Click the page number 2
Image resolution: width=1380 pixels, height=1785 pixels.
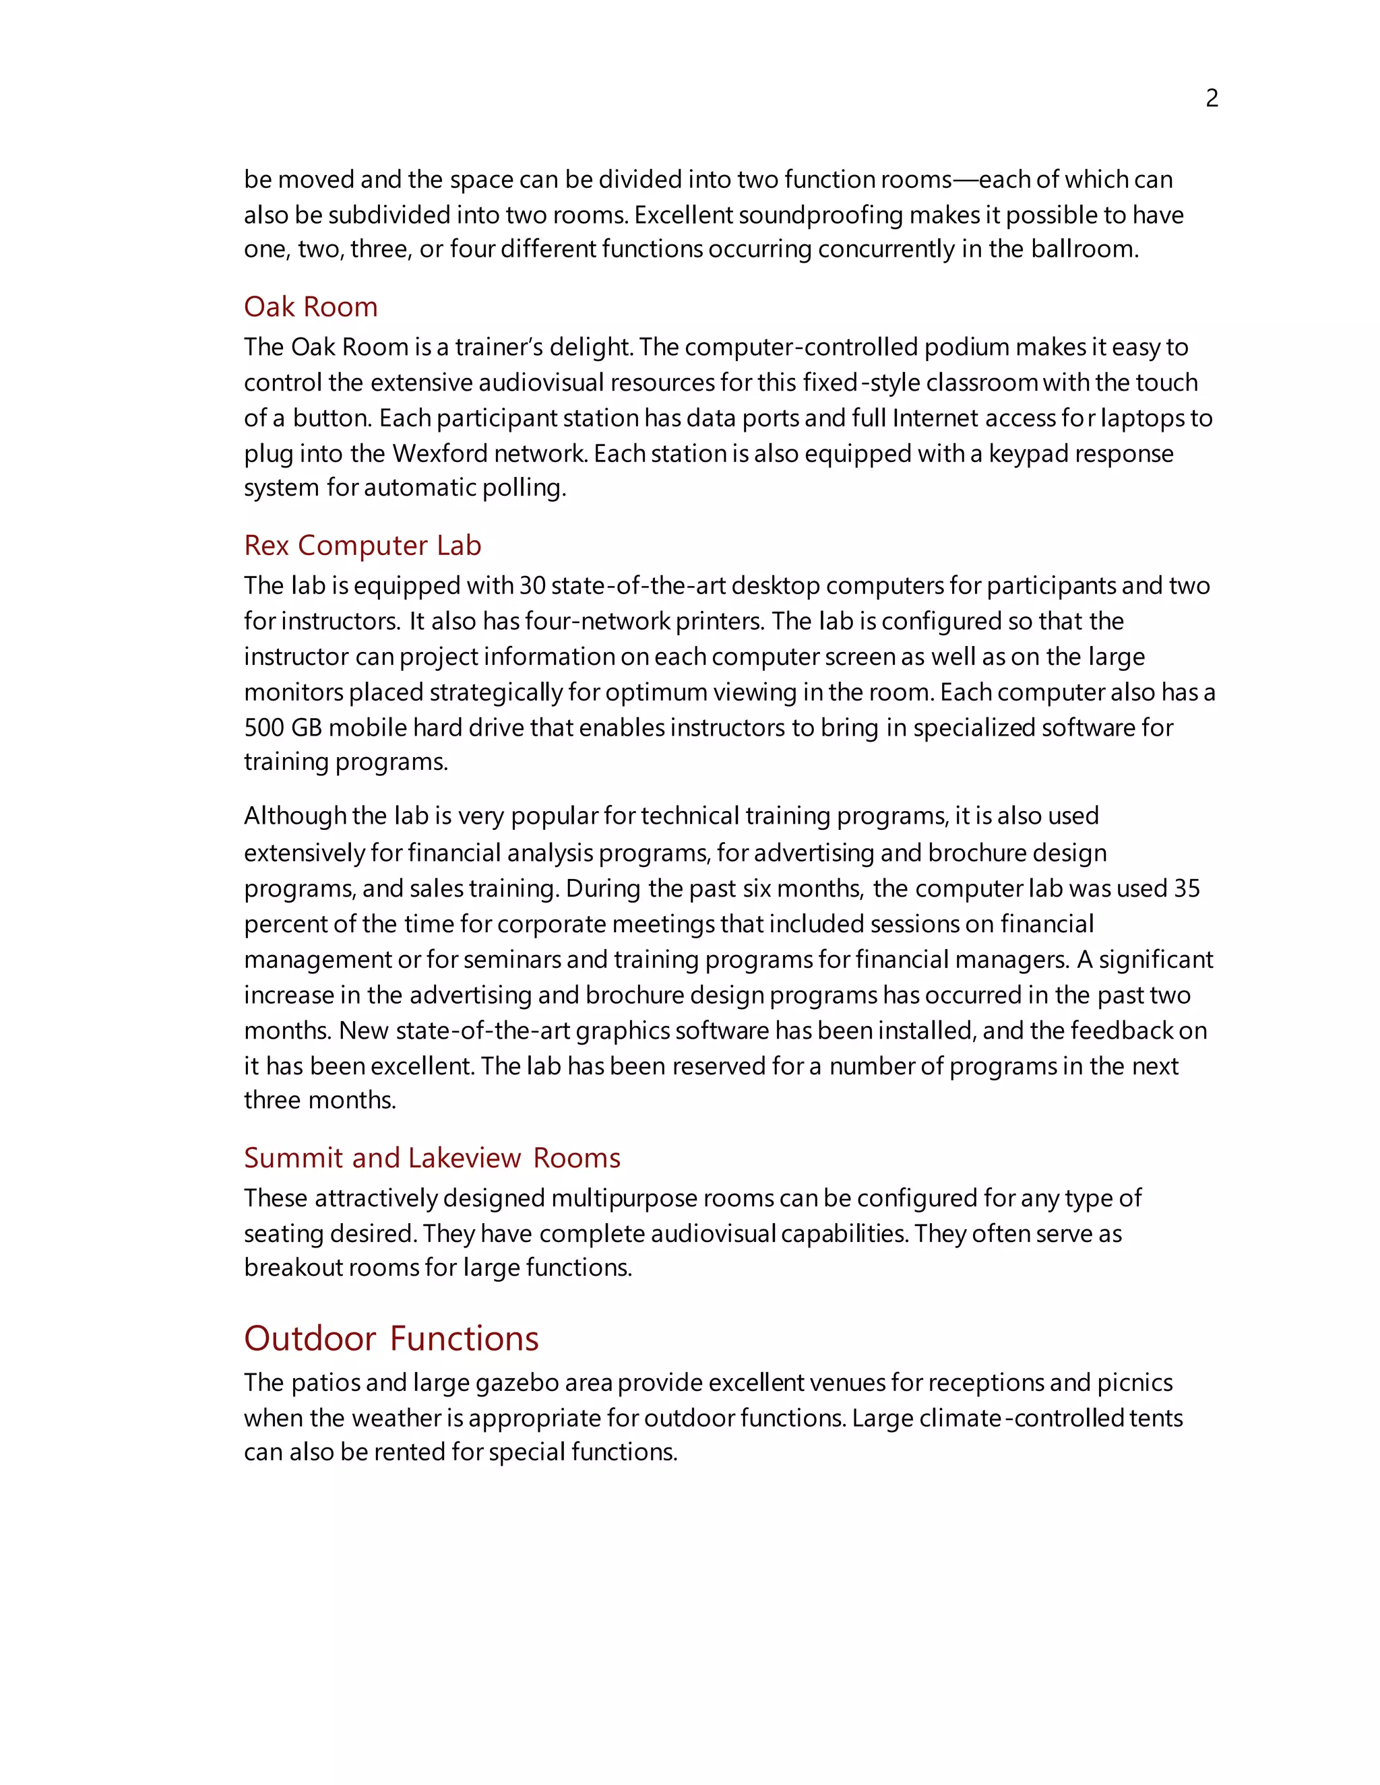point(1212,98)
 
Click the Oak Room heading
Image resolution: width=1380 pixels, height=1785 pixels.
point(311,306)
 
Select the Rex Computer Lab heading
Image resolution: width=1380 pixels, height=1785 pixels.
point(362,545)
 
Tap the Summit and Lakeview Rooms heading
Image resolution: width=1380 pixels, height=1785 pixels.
point(432,1157)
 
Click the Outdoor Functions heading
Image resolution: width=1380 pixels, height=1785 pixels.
point(391,1338)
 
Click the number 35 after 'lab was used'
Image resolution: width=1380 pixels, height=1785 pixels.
point(1186,888)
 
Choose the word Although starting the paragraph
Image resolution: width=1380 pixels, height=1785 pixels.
point(295,816)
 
